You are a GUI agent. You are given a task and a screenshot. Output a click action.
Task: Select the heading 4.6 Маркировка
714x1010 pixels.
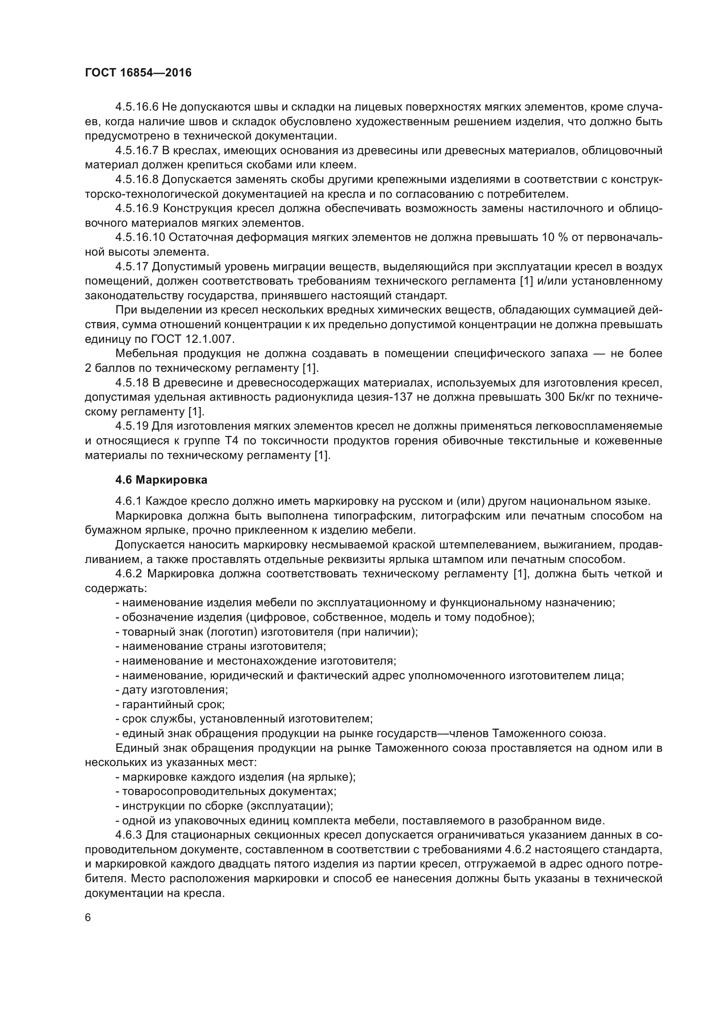(161, 480)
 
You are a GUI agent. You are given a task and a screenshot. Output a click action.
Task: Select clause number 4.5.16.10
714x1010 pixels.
(140, 237)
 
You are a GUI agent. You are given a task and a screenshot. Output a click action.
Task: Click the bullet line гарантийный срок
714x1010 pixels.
(170, 704)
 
